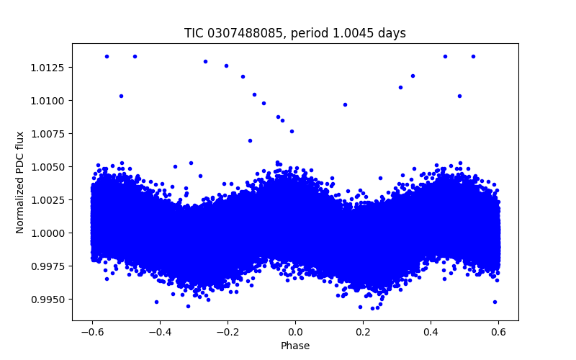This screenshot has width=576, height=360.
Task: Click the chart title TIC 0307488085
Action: coord(228,33)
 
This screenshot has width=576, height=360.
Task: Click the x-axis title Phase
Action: coord(295,346)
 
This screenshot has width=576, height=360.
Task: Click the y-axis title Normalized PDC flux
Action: coord(20,181)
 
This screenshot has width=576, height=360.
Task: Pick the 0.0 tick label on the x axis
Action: coord(295,332)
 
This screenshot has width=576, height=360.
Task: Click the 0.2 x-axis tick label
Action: coord(363,332)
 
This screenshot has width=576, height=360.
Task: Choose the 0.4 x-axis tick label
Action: coord(431,332)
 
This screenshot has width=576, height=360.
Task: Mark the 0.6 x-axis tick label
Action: coord(498,332)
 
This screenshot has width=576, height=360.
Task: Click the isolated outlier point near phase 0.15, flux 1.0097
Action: coord(345,104)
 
